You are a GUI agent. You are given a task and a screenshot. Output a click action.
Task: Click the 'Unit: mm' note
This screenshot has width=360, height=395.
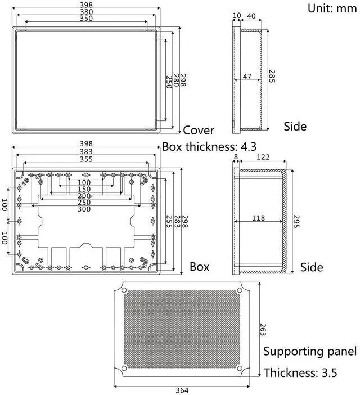pos(332,8)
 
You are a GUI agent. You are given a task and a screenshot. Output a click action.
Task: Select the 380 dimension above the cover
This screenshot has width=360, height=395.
pos(87,12)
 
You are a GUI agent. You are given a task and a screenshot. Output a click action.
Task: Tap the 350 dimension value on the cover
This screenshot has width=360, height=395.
pos(87,19)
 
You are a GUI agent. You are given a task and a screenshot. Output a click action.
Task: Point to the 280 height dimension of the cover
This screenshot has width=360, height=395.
pos(176,80)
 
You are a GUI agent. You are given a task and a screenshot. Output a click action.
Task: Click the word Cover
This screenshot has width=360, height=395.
pos(199,130)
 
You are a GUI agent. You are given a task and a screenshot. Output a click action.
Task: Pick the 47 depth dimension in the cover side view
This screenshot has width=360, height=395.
pos(247,76)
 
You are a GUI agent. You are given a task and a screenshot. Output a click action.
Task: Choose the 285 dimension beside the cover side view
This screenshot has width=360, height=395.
pos(272,76)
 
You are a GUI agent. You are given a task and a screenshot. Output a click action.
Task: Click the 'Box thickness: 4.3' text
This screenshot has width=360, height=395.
pos(209,147)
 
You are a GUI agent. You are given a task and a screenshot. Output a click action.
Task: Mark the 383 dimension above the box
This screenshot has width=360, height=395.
pos(86,151)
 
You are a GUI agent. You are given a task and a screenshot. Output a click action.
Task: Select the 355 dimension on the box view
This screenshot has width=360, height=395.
pos(86,159)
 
